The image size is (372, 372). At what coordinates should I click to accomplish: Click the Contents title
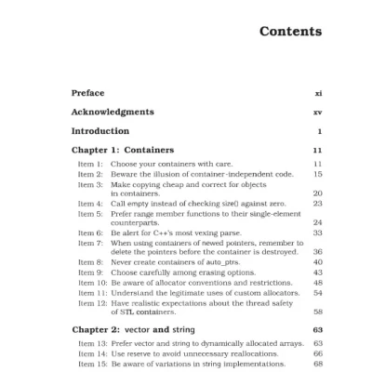pos(290,32)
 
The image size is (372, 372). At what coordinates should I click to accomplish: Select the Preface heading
pos(88,93)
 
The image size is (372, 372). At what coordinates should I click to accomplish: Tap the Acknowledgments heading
pos(113,112)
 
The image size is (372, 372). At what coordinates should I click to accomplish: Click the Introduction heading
pos(100,131)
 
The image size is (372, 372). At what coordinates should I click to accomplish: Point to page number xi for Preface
pos(318,93)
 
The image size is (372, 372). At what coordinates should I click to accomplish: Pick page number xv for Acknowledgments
pos(317,112)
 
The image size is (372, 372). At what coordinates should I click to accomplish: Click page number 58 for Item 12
pos(317,312)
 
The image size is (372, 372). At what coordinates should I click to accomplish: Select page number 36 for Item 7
pos(317,252)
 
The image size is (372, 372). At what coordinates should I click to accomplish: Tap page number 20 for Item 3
pos(317,193)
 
